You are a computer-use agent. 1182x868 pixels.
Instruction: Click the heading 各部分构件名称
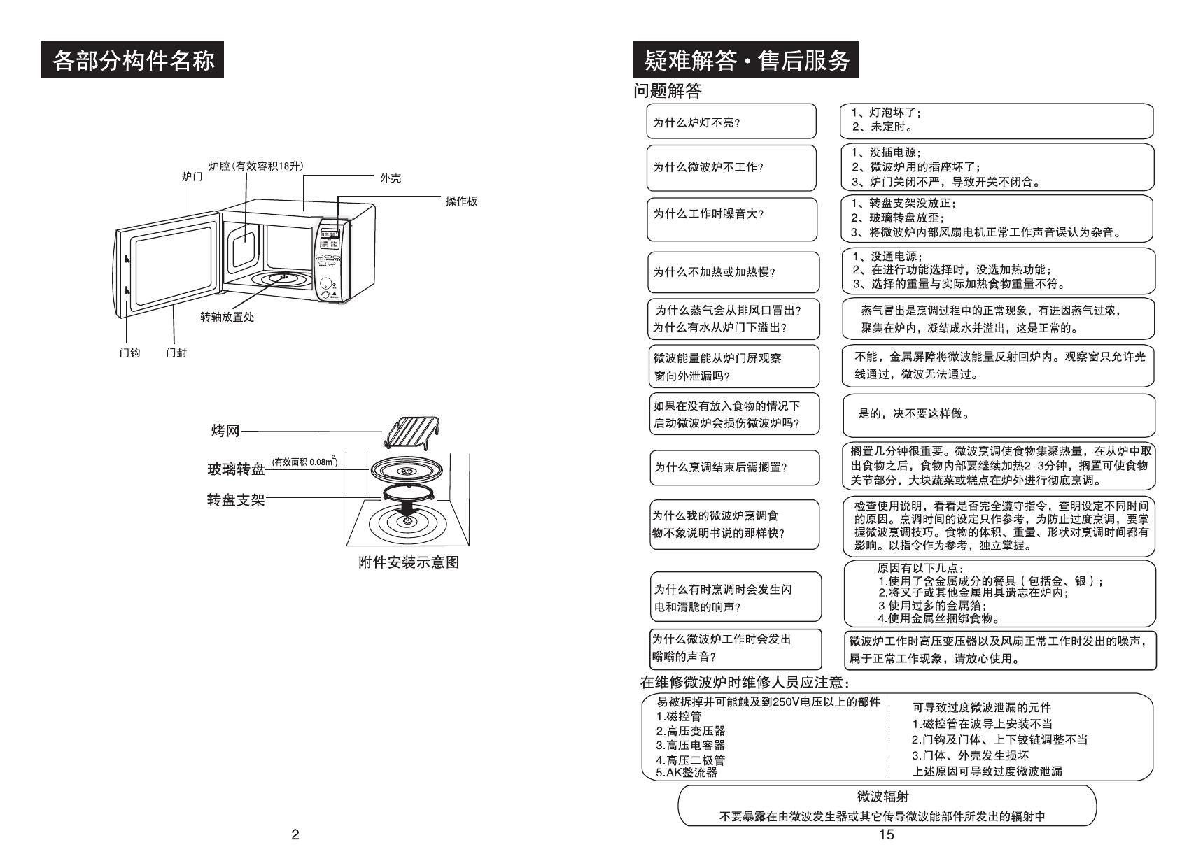click(x=133, y=61)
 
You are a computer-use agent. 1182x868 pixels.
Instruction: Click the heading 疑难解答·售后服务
click(x=746, y=61)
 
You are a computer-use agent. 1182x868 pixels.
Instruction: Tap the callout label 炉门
click(x=192, y=177)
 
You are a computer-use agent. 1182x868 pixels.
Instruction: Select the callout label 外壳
click(x=391, y=178)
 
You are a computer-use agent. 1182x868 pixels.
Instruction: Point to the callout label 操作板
click(x=461, y=201)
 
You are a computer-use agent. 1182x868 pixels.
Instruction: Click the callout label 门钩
click(x=129, y=353)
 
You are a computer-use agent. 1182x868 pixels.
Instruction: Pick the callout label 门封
click(x=176, y=353)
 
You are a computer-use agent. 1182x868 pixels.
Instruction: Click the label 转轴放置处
click(x=227, y=317)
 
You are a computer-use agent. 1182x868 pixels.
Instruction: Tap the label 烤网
click(x=225, y=431)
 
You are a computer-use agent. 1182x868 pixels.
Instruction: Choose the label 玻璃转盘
click(x=236, y=469)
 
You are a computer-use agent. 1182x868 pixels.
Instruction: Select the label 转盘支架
click(x=236, y=500)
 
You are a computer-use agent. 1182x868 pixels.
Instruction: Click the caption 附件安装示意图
click(x=409, y=562)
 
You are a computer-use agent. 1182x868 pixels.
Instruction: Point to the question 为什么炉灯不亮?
click(x=696, y=122)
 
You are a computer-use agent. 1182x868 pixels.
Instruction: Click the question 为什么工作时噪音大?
click(x=708, y=214)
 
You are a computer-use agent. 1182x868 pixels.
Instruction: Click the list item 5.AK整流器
click(x=687, y=772)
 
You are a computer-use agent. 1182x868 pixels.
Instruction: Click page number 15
click(x=886, y=834)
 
